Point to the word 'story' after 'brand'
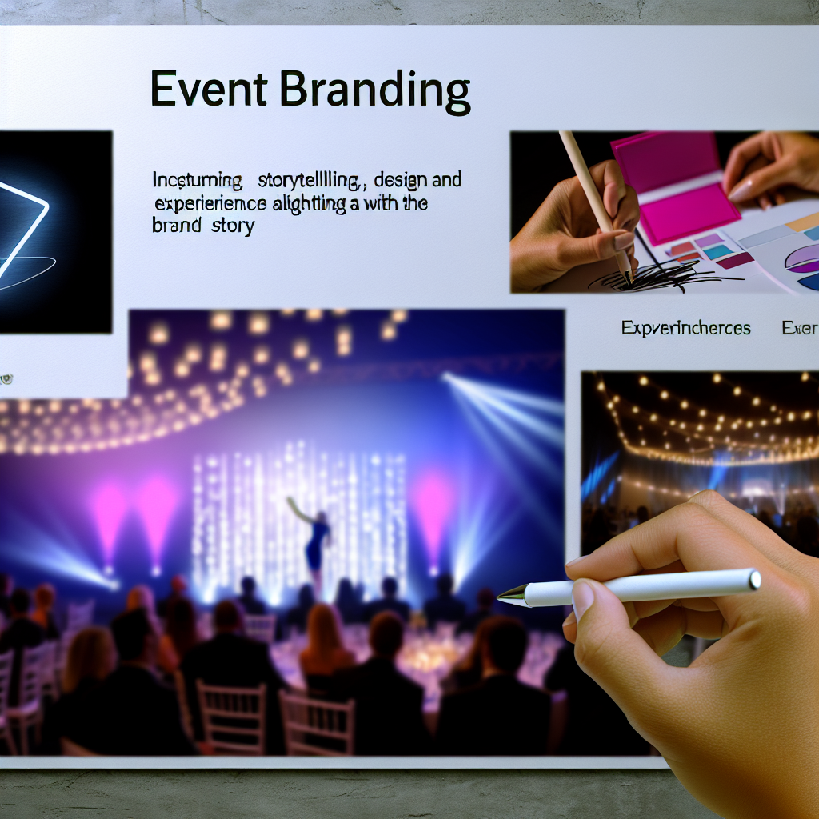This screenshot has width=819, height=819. tap(233, 226)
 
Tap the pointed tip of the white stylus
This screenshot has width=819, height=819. tap(503, 595)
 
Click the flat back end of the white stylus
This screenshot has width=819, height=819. tap(753, 579)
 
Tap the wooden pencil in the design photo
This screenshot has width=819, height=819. tap(596, 200)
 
